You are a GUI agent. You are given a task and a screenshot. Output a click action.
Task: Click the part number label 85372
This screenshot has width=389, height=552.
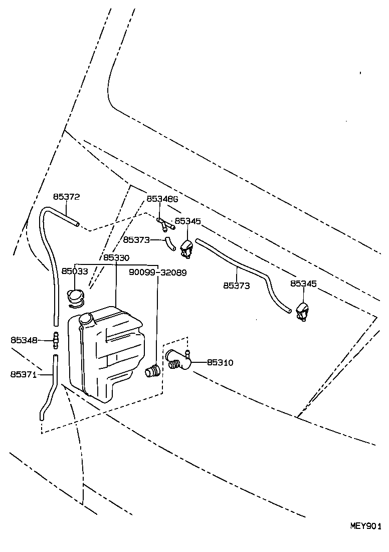click(67, 197)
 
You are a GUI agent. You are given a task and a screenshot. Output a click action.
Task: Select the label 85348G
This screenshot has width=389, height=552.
click(162, 199)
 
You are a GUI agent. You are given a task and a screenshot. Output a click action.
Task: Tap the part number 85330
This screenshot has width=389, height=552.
click(116, 258)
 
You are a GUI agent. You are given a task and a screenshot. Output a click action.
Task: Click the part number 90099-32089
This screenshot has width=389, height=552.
click(157, 272)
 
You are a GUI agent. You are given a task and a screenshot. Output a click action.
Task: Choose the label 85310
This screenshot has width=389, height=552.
click(220, 362)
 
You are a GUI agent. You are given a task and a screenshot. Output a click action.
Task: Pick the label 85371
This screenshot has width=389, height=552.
click(24, 374)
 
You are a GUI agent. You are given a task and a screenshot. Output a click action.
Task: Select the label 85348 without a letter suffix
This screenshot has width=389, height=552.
click(24, 340)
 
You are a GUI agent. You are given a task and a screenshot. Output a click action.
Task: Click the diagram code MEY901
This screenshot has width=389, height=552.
click(366, 526)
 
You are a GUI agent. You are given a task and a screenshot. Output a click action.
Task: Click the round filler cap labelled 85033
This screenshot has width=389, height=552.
click(76, 297)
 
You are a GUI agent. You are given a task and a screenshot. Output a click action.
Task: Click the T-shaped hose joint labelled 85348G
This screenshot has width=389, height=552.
click(165, 224)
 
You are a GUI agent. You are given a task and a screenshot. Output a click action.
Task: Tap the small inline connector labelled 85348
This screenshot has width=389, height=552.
click(55, 340)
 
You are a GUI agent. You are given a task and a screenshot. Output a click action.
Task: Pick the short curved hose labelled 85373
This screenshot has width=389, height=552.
click(170, 243)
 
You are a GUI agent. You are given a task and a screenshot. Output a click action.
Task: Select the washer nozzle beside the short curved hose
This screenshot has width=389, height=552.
click(186, 247)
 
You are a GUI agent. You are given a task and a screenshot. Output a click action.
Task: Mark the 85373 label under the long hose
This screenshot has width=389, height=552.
click(237, 286)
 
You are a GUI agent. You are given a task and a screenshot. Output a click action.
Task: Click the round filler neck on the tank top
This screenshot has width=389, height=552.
click(86, 319)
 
